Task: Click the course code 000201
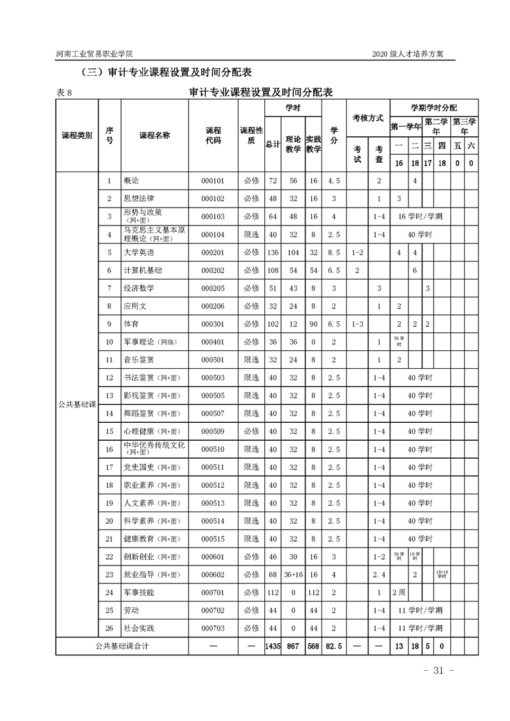[212, 253]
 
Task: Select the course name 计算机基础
[142, 271]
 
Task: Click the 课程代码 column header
[212, 135]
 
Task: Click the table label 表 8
[65, 93]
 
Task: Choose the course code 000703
[212, 628]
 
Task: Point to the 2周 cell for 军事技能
[399, 592]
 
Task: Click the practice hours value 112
[313, 592]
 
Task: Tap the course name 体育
[131, 325]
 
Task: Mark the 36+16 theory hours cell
[293, 574]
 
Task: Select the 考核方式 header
[367, 118]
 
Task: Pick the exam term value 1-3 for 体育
[357, 325]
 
